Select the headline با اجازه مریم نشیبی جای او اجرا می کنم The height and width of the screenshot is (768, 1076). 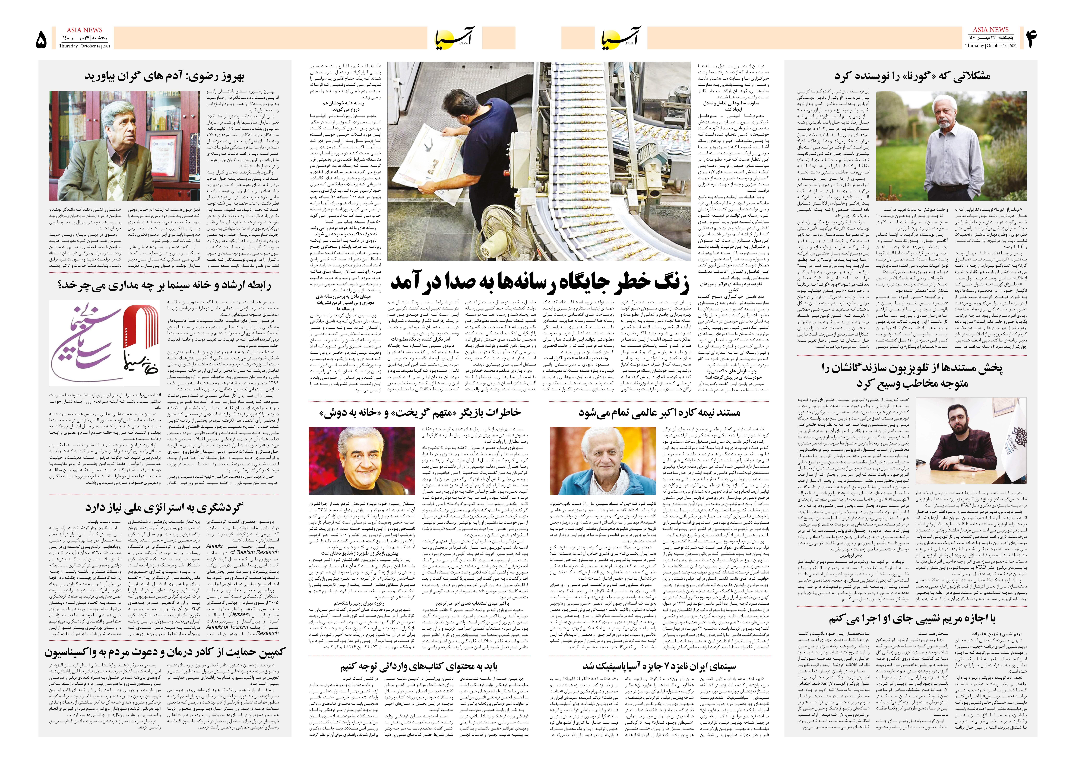coord(912,619)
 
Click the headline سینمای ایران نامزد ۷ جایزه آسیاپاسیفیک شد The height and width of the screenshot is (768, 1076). coord(659,666)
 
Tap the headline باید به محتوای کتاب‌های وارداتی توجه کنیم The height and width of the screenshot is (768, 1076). coord(419,666)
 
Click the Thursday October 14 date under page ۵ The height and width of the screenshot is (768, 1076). coord(85,46)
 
